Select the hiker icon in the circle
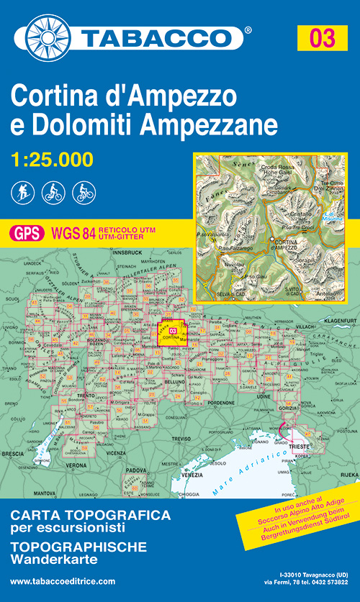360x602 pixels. (x=21, y=193)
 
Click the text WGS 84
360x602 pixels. (x=72, y=232)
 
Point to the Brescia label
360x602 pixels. (x=12, y=454)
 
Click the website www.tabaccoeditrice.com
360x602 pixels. (x=63, y=581)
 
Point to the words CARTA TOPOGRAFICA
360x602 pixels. (x=90, y=516)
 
